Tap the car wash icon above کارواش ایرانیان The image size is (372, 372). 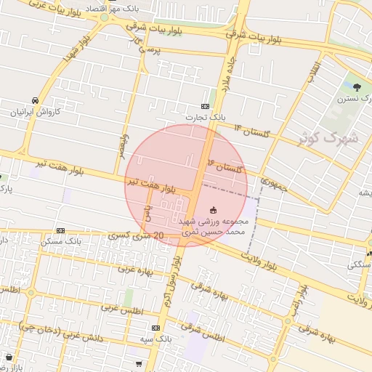point(35,100)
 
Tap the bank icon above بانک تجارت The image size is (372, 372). point(213,105)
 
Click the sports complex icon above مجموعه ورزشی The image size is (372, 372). point(212,209)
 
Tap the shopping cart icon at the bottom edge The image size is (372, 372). point(138,363)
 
